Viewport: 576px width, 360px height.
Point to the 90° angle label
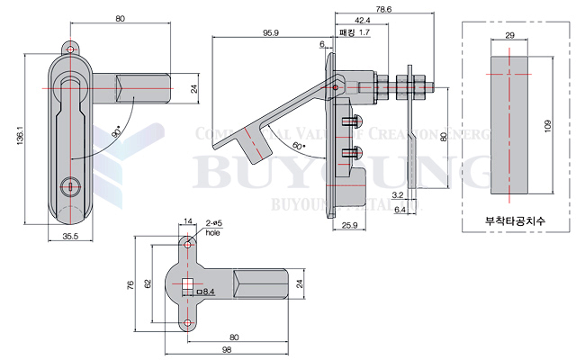[116, 132]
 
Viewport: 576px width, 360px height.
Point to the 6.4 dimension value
[399, 209]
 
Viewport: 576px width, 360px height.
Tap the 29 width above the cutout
[509, 34]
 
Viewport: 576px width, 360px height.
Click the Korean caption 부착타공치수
[509, 220]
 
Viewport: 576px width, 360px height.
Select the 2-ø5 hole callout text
[211, 227]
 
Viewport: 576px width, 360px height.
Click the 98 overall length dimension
[226, 348]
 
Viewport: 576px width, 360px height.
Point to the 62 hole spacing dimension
[148, 283]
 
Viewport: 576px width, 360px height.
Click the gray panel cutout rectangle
[509, 126]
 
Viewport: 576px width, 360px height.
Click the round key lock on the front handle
[68, 186]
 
